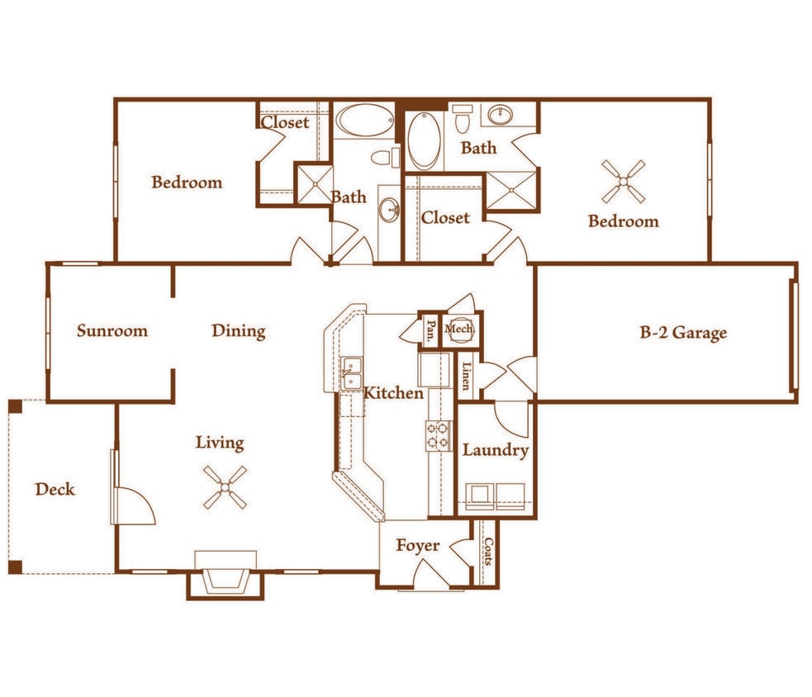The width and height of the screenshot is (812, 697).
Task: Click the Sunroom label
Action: point(112,331)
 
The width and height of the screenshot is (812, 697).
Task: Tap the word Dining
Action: point(238,331)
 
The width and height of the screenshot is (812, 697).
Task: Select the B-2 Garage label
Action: point(683,333)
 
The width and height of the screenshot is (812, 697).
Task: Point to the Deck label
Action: point(55,489)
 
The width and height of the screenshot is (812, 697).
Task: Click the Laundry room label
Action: point(495,450)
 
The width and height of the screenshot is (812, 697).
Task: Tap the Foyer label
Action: point(417,546)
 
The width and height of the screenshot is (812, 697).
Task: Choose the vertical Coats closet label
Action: point(488,552)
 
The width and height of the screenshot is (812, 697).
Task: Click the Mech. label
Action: point(460,330)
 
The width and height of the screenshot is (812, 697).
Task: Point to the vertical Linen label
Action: point(467,377)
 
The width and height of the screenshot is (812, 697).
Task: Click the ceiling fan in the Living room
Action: point(225,486)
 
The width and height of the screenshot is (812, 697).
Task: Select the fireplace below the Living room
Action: point(225,577)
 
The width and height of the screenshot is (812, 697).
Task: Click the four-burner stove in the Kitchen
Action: point(438,436)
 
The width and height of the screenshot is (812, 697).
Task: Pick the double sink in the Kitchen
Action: point(352,375)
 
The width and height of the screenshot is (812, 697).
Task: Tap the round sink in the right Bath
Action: point(499,115)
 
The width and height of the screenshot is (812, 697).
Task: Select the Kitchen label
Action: point(393,393)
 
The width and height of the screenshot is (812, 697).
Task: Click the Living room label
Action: point(220,443)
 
